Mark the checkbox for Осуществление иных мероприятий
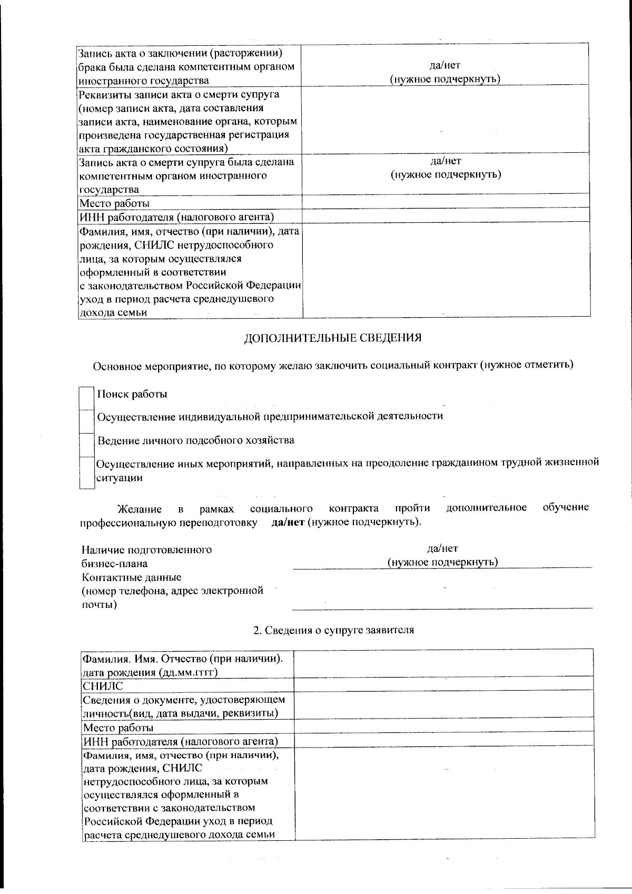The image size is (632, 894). [x=86, y=472]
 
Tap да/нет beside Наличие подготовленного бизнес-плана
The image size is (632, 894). [x=442, y=549]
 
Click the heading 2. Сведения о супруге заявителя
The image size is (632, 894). [x=333, y=630]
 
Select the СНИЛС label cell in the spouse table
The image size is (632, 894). [x=103, y=685]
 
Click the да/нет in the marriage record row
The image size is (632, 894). [x=445, y=65]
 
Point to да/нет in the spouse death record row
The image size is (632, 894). [x=445, y=161]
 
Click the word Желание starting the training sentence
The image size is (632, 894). [x=139, y=509]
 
